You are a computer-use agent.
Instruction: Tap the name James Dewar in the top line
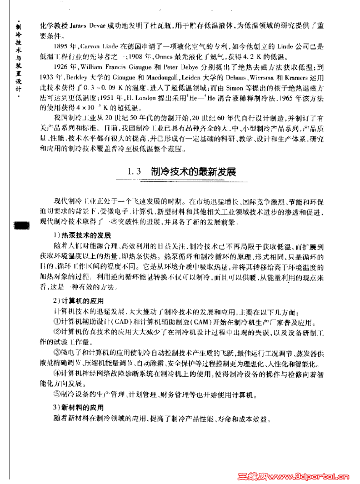pyautogui.click(x=88, y=24)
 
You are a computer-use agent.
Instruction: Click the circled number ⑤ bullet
pyautogui.click(x=57, y=394)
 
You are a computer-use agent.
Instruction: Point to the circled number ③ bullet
pyautogui.click(x=57, y=353)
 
